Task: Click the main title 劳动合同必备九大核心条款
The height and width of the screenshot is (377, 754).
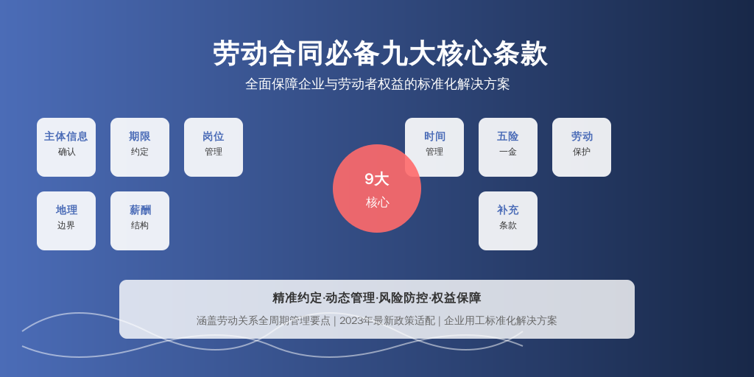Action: (x=380, y=53)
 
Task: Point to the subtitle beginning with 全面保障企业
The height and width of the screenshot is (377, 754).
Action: (x=378, y=84)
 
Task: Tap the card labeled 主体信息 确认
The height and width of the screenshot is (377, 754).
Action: (x=66, y=147)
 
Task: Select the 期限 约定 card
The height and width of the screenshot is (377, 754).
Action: (x=140, y=147)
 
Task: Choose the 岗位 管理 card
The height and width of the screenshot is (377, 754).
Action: (x=214, y=147)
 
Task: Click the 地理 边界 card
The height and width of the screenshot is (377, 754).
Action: (x=66, y=221)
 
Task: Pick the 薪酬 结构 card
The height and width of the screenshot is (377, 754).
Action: (x=140, y=221)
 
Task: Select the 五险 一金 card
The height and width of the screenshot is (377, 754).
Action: (x=508, y=147)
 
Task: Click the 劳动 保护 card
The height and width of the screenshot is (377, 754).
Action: (x=582, y=147)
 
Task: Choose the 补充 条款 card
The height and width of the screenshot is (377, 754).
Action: (x=508, y=221)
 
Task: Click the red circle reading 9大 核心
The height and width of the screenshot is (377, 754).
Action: (x=377, y=188)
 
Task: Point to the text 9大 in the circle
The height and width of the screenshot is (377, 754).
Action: (x=376, y=179)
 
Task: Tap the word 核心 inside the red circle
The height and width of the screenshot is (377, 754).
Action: (x=378, y=202)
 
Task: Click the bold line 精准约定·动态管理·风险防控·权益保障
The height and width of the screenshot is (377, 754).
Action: (x=377, y=298)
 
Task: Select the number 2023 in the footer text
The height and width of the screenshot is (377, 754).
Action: (x=351, y=321)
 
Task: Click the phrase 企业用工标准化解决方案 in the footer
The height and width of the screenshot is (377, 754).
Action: (x=500, y=321)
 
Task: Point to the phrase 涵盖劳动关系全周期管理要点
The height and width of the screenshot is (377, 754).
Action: (x=264, y=321)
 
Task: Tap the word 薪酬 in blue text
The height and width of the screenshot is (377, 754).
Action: (x=140, y=210)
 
